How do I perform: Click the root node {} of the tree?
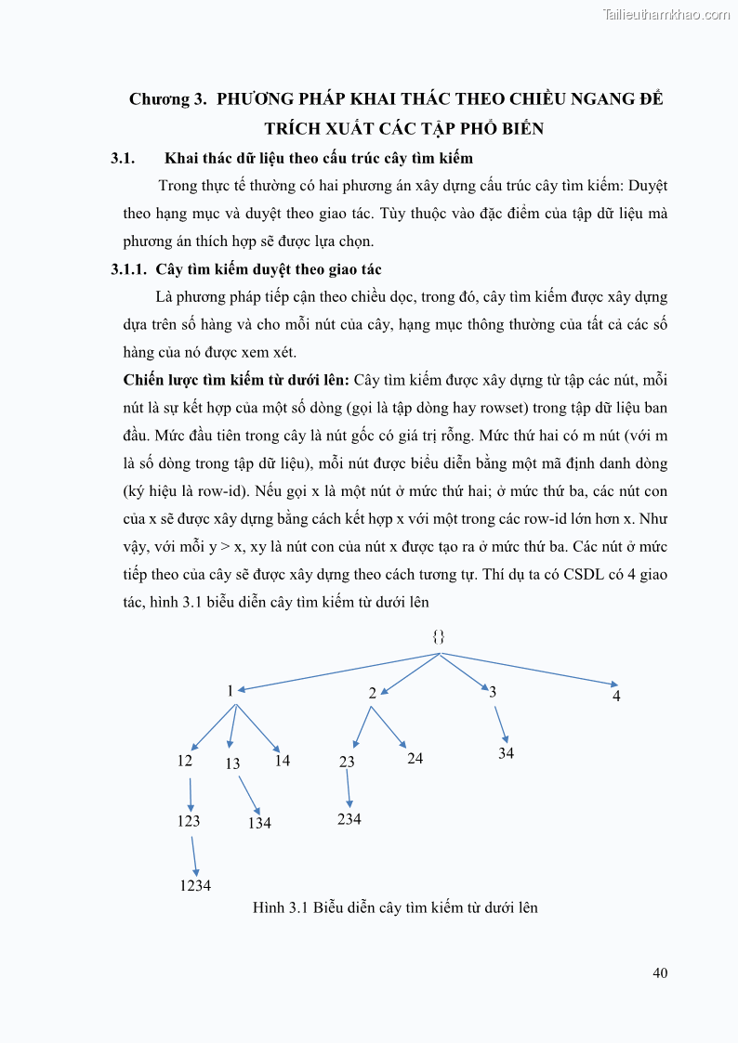click(x=440, y=637)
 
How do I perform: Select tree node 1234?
click(x=195, y=886)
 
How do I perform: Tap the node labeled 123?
click(x=189, y=821)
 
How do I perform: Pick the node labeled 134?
click(x=259, y=823)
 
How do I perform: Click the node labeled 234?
click(x=349, y=819)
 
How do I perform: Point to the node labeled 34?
click(x=506, y=753)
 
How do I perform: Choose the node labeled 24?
click(x=415, y=758)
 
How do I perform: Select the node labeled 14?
click(x=283, y=761)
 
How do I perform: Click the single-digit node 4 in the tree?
click(x=616, y=696)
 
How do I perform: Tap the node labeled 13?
click(x=232, y=763)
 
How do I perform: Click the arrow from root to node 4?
click(x=530, y=671)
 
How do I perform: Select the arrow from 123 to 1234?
click(x=194, y=855)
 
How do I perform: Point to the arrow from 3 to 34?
click(x=501, y=723)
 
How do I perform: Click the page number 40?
click(x=660, y=973)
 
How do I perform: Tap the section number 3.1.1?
click(x=129, y=269)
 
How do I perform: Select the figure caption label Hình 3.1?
click(x=280, y=907)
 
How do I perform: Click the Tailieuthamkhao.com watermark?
click(x=666, y=14)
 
